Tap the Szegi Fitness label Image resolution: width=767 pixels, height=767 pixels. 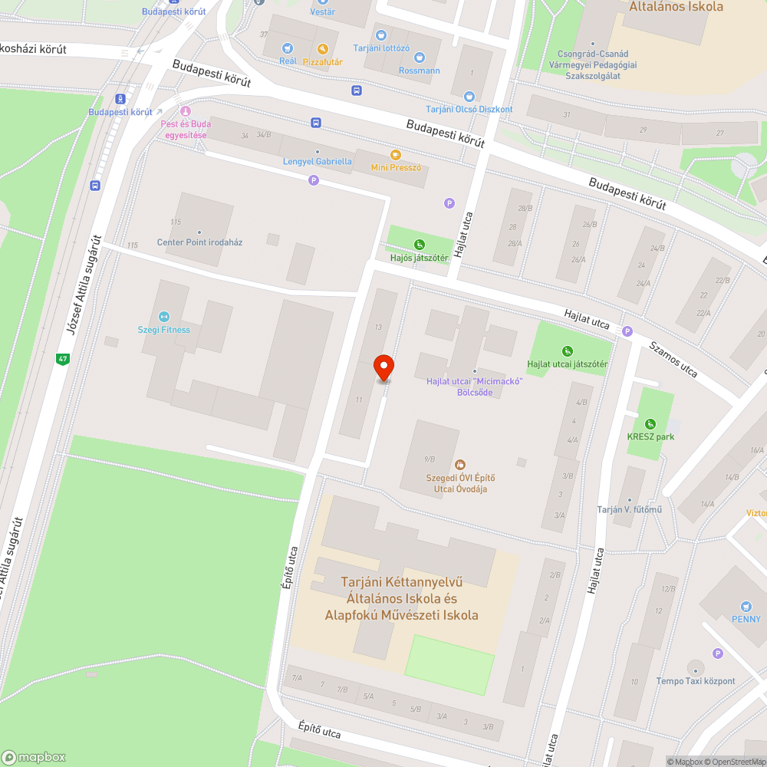(163, 330)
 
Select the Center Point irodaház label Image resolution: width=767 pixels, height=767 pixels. (199, 242)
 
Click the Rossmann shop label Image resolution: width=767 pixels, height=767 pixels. (420, 71)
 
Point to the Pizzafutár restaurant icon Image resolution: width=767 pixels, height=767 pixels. (323, 48)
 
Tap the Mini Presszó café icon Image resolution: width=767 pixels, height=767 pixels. (396, 155)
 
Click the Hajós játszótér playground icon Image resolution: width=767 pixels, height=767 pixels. (420, 245)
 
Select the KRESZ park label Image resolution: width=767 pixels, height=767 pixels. (650, 436)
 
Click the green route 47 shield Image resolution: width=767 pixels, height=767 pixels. (62, 358)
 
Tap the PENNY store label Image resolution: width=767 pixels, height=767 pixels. (746, 619)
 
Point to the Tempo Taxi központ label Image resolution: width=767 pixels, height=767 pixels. (695, 681)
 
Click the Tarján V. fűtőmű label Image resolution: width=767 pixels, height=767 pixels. (629, 510)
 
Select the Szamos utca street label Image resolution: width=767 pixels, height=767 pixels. (673, 359)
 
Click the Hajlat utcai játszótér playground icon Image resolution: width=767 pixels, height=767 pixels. (568, 351)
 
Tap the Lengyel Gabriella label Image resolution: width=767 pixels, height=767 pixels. (318, 161)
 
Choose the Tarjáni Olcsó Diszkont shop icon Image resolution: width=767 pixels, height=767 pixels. (469, 97)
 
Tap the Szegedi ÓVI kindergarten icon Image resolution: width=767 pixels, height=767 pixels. (459, 465)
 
